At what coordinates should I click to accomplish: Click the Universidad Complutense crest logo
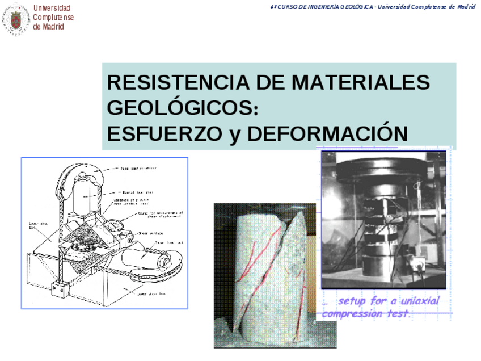(16, 20)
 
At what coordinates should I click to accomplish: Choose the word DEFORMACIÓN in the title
(327, 134)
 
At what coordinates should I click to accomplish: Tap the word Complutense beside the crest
(53, 17)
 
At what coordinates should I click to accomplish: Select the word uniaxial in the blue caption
(419, 301)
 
